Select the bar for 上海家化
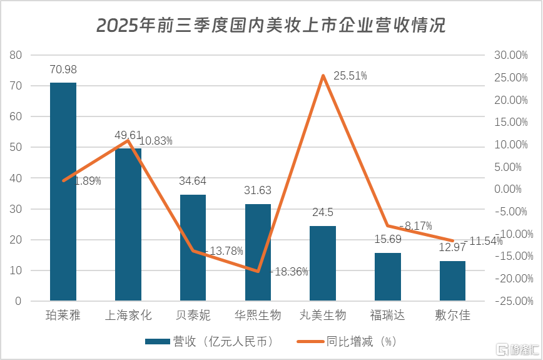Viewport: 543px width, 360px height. pos(128,225)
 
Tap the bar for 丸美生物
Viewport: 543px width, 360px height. pos(323,264)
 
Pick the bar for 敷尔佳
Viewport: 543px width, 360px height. pos(452,281)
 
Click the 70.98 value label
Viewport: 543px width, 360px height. pos(63,69)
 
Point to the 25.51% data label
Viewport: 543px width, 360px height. pos(350,76)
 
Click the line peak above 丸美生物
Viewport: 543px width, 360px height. pos(323,76)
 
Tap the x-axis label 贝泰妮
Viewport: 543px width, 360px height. pos(193,315)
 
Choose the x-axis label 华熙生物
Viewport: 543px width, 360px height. pos(258,315)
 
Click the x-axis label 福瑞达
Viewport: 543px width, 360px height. pos(387,315)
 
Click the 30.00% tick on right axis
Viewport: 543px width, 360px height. pos(511,55)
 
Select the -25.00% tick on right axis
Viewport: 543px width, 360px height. pos(511,301)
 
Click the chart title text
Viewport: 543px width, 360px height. pos(271,25)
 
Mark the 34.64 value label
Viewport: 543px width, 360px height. pos(193,182)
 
